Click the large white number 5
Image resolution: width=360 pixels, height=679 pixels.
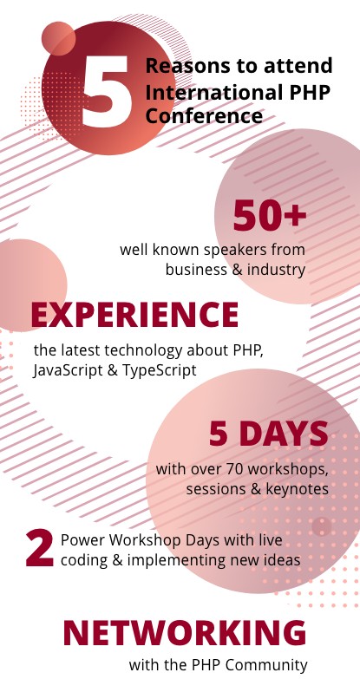click(107, 91)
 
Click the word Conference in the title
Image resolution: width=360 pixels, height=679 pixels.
click(204, 116)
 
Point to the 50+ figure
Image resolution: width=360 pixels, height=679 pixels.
click(270, 215)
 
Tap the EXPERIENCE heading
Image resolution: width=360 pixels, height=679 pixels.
click(134, 315)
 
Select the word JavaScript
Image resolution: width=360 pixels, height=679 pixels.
click(68, 370)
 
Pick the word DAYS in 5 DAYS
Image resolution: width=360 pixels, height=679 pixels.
click(284, 434)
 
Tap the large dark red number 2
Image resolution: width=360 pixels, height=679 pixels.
click(40, 548)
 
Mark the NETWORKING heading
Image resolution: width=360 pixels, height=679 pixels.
click(185, 633)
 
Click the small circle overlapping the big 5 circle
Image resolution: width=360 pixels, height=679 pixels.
click(58, 38)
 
